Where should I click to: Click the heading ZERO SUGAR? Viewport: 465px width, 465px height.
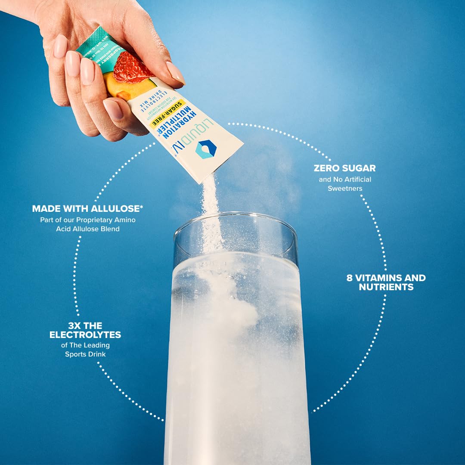[344, 168]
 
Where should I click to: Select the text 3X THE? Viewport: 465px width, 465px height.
[85, 325]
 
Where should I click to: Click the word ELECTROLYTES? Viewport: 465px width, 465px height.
[85, 335]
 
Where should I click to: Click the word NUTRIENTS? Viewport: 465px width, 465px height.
[386, 287]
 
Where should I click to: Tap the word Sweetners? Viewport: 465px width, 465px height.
[345, 189]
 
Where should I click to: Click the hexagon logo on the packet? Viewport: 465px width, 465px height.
[206, 149]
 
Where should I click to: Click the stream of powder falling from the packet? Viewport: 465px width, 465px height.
[211, 215]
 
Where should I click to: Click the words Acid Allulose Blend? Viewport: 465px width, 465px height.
[87, 229]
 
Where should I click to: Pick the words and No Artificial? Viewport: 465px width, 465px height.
[345, 179]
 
